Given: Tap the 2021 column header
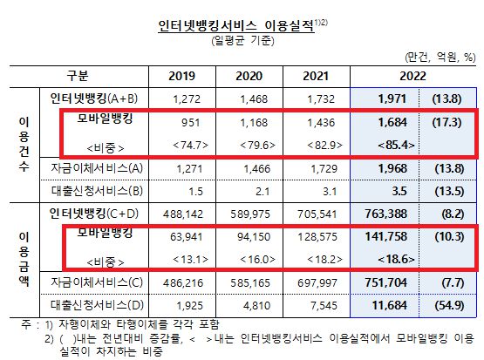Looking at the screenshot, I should click(x=314, y=76).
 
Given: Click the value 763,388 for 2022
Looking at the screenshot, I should click(x=377, y=212).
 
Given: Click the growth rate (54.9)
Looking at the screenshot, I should click(x=444, y=306).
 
